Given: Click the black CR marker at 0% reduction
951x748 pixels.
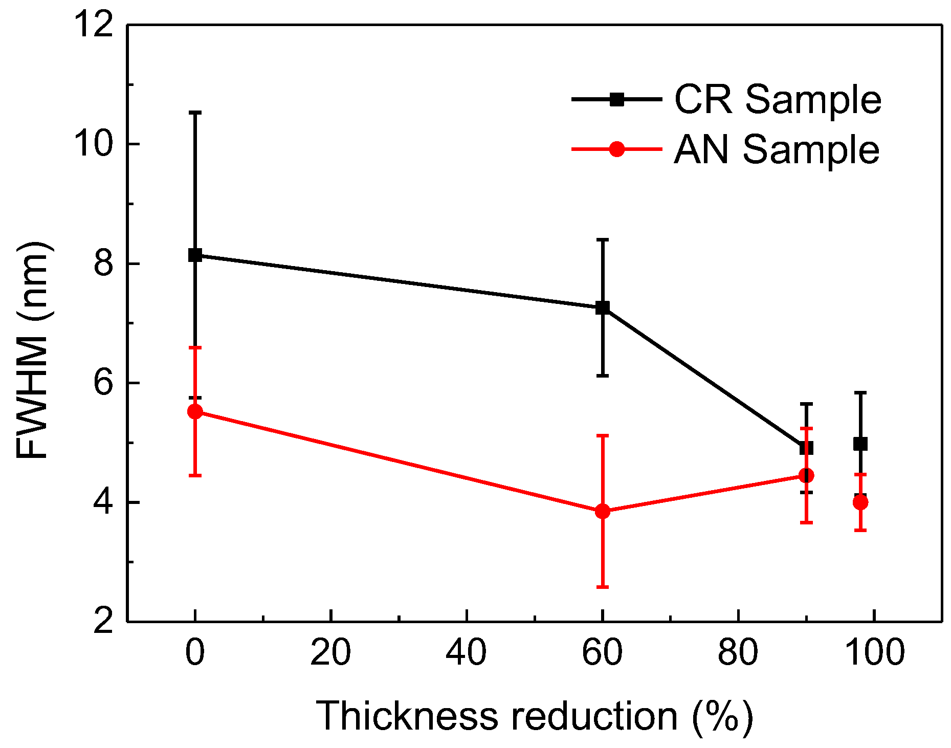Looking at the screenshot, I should pyautogui.click(x=195, y=255).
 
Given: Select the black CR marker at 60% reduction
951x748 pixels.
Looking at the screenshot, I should pyautogui.click(x=603, y=307).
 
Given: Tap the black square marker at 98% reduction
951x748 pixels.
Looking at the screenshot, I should pyautogui.click(x=860, y=444).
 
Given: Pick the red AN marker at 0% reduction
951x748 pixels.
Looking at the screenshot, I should pyautogui.click(x=195, y=411).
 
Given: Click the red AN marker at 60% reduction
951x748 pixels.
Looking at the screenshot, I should pyautogui.click(x=603, y=511).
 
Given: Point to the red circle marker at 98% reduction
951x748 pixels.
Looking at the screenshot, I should pyautogui.click(x=860, y=502).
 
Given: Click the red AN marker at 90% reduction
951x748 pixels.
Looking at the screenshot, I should pyautogui.click(x=806, y=475).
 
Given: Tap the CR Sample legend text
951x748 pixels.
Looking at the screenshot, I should pyautogui.click(x=778, y=99).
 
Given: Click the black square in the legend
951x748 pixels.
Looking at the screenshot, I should pyautogui.click(x=617, y=99).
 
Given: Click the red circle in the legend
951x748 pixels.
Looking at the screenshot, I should pyautogui.click(x=617, y=149).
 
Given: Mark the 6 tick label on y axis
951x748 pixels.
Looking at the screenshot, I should pyautogui.click(x=104, y=383).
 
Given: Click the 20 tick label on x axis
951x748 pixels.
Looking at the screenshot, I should pyautogui.click(x=330, y=653).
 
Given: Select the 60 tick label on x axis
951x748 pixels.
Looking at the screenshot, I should pyautogui.click(x=603, y=653).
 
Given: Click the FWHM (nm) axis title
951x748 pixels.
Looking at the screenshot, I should pyautogui.click(x=32, y=350).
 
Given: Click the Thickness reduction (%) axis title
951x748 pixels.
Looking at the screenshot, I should pyautogui.click(x=534, y=716).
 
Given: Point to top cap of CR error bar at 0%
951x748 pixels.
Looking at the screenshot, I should pyautogui.click(x=195, y=112).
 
